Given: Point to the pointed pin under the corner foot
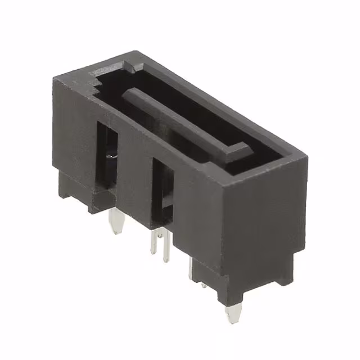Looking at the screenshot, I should [x=231, y=313].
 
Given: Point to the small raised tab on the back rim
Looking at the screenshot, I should [x=129, y=67].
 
